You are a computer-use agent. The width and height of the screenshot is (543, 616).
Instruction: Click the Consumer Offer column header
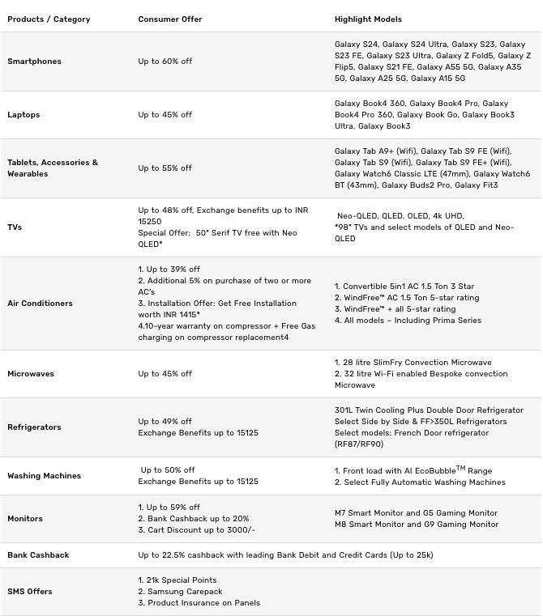coord(170,19)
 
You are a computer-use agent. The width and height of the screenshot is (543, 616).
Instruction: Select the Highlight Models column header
coord(368,19)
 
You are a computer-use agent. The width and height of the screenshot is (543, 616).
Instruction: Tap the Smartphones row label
coord(34,62)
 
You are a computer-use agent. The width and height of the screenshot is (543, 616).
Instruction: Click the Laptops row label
coord(24,115)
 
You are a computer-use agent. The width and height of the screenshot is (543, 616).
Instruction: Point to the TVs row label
coord(15,227)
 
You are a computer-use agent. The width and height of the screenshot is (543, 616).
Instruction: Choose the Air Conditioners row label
coord(40,304)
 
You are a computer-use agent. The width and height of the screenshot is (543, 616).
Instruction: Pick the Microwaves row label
coord(32,374)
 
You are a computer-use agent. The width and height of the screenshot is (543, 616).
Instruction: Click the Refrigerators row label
coord(34,427)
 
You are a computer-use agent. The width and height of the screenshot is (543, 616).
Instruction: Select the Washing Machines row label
coord(44,476)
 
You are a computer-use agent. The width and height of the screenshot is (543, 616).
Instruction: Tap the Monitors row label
coord(25,519)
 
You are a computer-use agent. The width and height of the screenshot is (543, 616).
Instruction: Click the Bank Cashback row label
coord(38,555)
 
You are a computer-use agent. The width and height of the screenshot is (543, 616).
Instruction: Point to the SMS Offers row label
coord(30,592)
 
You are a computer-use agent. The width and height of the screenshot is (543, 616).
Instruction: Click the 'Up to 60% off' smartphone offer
coord(165,62)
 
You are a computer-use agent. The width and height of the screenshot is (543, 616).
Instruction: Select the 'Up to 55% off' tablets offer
coord(165,168)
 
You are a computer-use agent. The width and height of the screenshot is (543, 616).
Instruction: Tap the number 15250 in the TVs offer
coord(150,222)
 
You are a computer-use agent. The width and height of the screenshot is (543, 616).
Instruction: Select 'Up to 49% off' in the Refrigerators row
coord(165,422)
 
